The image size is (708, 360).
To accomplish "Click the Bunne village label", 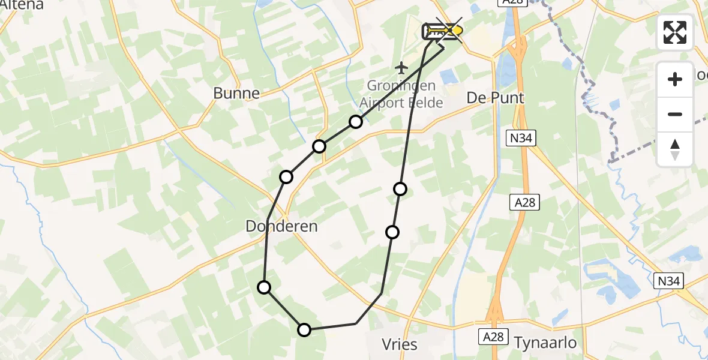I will pos(236,93).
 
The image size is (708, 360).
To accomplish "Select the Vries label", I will pos(399,344).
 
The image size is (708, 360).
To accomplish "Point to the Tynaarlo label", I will pos(545,343).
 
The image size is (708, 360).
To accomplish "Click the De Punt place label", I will pos(496,98).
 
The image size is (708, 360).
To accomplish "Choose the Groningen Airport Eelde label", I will pos(403,95).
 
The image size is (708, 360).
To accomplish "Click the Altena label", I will pos(22,5).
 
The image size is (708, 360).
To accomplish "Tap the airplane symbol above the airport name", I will pos(402,68).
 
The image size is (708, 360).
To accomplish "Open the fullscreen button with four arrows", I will pos(675,32).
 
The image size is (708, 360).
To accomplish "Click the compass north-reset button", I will pos(675,149).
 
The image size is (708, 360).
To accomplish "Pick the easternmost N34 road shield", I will pos(668,281).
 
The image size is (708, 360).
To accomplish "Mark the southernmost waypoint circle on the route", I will pos(304,329).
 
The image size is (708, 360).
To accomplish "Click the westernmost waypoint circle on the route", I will pos(264,287).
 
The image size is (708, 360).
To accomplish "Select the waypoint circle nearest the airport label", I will pos(356,122).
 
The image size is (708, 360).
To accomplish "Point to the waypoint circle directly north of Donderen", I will pos(286,176).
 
